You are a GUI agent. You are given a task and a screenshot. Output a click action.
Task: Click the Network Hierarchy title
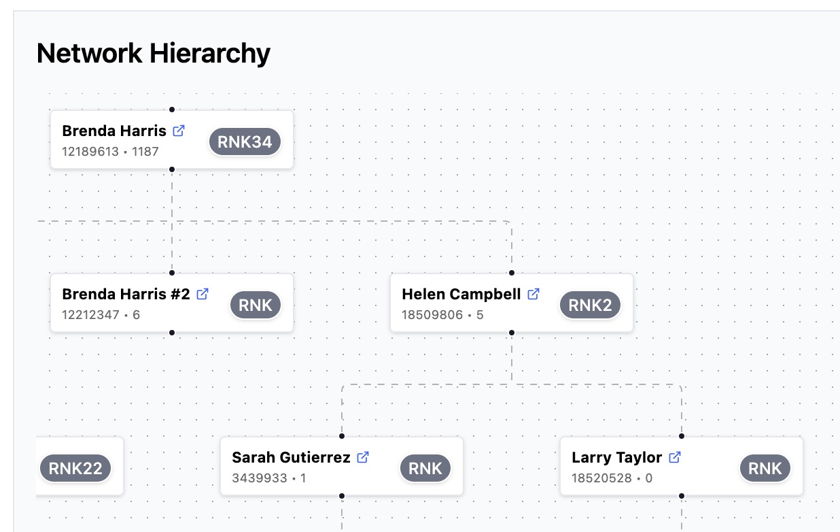tap(153, 53)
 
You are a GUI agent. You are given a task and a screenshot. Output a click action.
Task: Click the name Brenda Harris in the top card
tap(114, 131)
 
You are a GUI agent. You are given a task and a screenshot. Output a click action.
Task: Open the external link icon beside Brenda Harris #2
tap(203, 294)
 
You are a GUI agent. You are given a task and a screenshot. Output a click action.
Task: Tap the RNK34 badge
tap(245, 142)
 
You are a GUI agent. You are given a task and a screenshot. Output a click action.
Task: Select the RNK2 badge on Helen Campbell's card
tap(590, 305)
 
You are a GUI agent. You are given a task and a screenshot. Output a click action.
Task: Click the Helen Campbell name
tap(461, 294)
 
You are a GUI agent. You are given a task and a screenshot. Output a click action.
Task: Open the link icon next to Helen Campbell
tap(534, 294)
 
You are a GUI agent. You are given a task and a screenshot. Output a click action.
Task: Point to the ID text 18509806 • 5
tap(442, 315)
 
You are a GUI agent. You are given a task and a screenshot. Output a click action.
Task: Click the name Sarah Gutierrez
tap(291, 457)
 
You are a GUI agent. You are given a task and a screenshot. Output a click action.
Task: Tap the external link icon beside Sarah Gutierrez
tap(364, 457)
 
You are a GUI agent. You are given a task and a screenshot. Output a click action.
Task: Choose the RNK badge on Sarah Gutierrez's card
tap(425, 469)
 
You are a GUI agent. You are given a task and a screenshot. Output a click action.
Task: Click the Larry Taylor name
tap(616, 457)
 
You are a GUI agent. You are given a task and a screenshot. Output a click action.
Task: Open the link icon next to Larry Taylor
tap(675, 457)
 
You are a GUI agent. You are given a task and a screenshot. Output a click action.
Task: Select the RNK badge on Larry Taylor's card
tap(765, 469)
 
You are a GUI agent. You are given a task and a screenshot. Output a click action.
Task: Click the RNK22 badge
tap(75, 469)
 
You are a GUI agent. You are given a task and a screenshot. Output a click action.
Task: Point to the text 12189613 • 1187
tap(110, 152)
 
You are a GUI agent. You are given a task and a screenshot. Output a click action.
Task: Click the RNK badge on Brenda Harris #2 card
tap(256, 305)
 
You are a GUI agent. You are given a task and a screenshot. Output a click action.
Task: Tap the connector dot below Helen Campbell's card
tap(512, 333)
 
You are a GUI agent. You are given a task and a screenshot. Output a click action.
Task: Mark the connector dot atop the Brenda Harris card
tap(172, 110)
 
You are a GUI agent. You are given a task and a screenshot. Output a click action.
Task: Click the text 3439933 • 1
tap(268, 478)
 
